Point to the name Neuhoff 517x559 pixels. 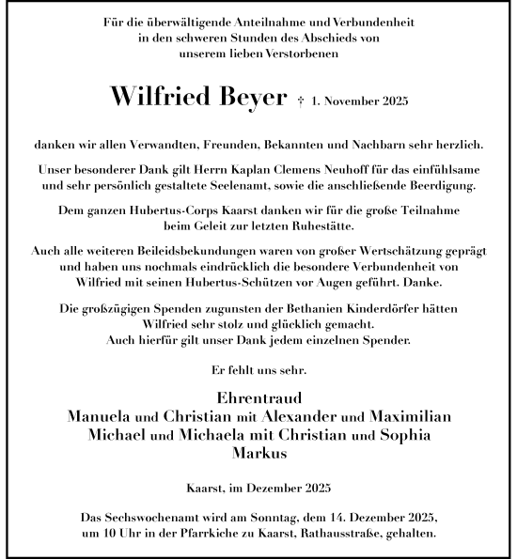coord(354,168)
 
